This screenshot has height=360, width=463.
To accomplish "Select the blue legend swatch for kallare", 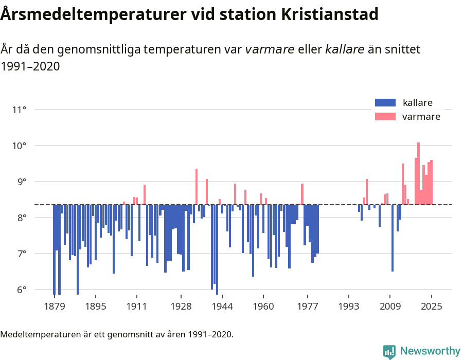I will [385, 102].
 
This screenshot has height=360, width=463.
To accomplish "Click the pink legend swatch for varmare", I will [385, 116].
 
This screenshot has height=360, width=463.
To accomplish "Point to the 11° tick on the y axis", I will [19, 110].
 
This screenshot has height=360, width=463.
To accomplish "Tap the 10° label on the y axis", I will [19, 146].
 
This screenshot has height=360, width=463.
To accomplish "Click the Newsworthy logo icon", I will [389, 351].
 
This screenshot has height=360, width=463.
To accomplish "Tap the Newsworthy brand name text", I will [430, 351].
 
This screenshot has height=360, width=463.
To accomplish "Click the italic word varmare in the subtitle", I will [270, 49].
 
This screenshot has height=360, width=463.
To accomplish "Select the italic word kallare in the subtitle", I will [345, 49].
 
